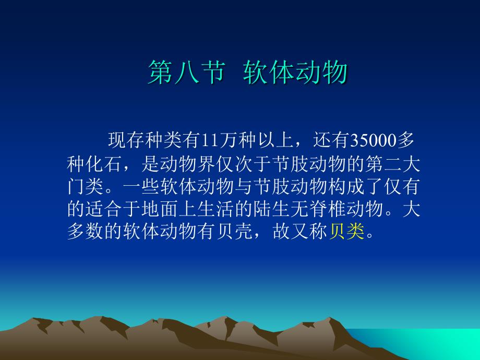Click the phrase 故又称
pyautogui.click(x=296, y=230)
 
